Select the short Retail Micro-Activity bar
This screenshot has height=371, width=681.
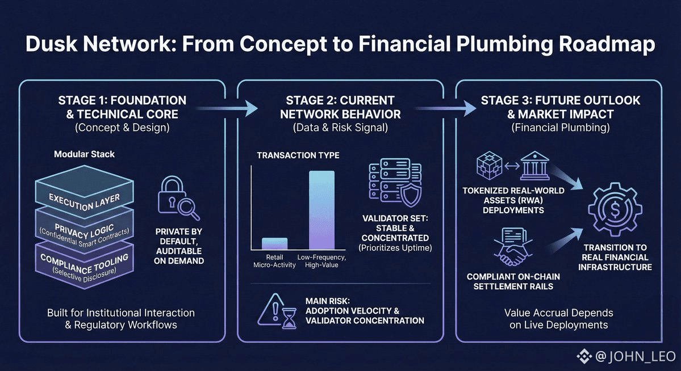tap(274, 244)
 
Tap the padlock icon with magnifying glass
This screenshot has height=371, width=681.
tap(179, 199)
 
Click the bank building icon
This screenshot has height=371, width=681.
tap(536, 168)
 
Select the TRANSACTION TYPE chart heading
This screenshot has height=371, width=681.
tap(298, 155)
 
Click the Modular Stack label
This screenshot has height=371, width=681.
tap(84, 154)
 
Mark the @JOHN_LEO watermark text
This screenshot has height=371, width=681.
tap(635, 357)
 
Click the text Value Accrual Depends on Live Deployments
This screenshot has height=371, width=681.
tap(559, 319)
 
